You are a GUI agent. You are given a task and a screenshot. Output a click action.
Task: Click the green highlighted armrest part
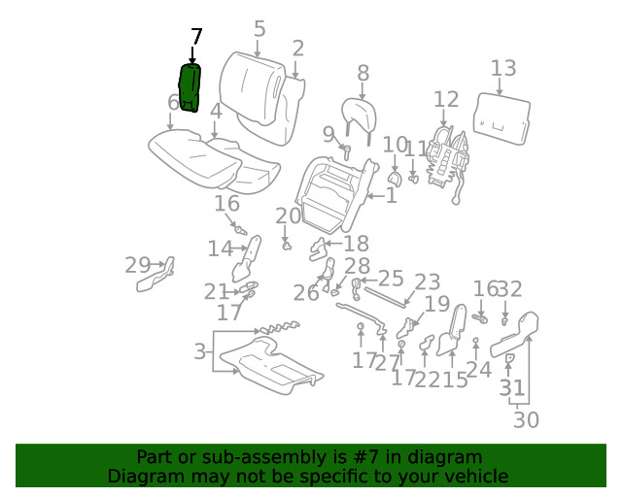pyautogui.click(x=191, y=87)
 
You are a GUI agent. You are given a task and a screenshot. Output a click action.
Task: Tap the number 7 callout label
pyautogui.click(x=196, y=37)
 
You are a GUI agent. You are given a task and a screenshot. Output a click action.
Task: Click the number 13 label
pyautogui.click(x=502, y=69)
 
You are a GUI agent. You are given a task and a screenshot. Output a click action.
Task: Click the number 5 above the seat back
pyautogui.click(x=259, y=29)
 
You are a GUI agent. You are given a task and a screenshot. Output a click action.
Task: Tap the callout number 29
pyautogui.click(x=138, y=265)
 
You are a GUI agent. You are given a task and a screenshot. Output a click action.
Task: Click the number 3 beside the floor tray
pyautogui.click(x=199, y=351)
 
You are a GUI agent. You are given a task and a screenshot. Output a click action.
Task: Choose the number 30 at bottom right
pyautogui.click(x=526, y=419)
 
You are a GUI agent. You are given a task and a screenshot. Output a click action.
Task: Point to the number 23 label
pyautogui.click(x=428, y=282)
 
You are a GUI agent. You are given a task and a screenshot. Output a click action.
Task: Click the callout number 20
pyautogui.click(x=288, y=216)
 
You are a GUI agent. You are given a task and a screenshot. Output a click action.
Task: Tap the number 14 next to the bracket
pyautogui.click(x=220, y=249)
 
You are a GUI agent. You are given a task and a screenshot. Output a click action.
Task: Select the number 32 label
pyautogui.click(x=510, y=288)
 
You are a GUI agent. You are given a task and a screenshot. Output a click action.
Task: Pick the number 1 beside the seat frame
pyautogui.click(x=391, y=196)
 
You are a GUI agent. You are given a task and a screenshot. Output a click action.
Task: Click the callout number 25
pyautogui.click(x=390, y=280)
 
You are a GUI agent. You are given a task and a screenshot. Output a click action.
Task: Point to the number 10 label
pyautogui.click(x=395, y=146)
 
